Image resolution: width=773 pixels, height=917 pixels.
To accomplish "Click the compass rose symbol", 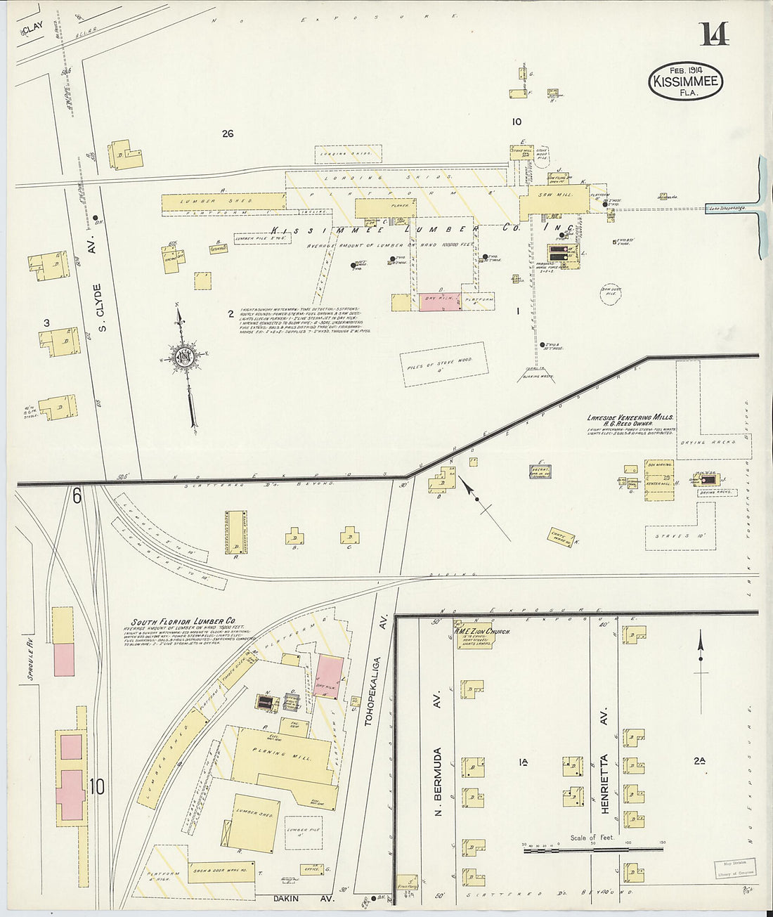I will tap(185, 357).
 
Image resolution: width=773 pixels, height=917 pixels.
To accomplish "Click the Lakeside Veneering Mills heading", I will tap(630, 417).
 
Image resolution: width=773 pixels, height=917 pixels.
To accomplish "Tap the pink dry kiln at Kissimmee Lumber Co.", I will tap(441, 301).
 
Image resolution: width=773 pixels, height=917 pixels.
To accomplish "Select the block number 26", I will tap(226, 134).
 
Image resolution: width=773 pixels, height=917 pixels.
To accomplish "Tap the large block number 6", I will tap(76, 496).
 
